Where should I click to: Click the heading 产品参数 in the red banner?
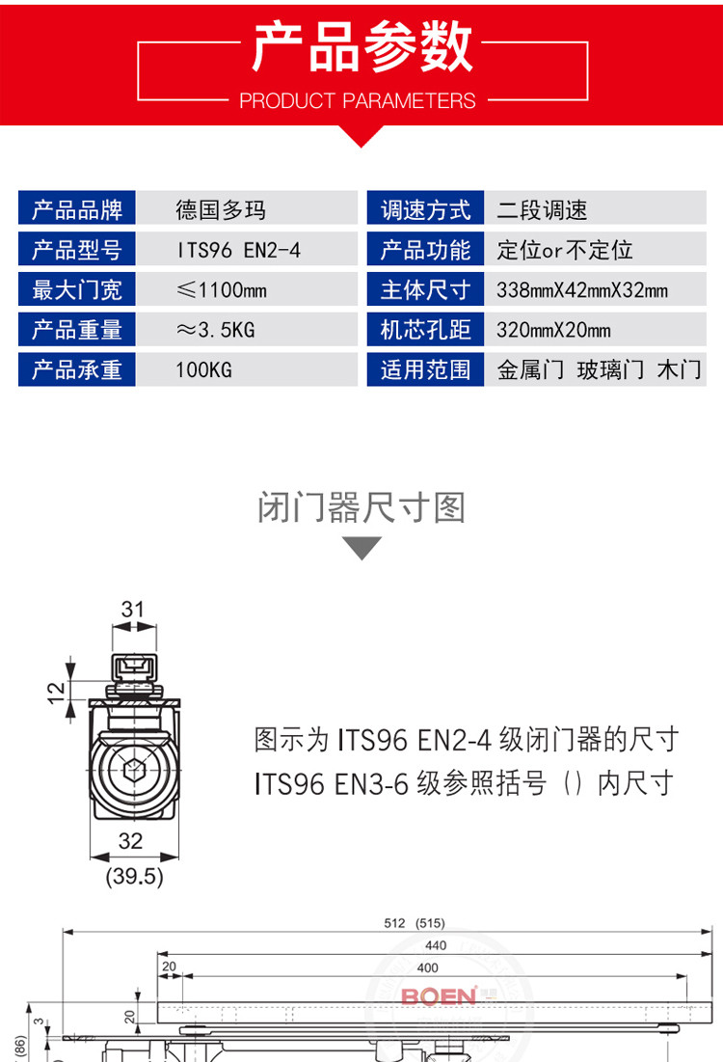point(362,46)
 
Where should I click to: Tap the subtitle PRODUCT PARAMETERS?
point(358,101)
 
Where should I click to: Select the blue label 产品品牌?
point(77,210)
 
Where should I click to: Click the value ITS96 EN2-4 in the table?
point(238,250)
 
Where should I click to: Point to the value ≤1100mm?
point(222,290)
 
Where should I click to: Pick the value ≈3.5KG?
point(215,330)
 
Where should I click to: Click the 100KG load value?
point(203,369)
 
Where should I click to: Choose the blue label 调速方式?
point(425,210)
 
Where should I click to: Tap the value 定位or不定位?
point(565,250)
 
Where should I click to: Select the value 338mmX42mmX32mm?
point(582,290)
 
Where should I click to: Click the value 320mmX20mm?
point(553,330)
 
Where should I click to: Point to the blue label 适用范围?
point(425,369)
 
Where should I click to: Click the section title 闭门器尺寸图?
point(361,507)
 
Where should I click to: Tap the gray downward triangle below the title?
point(362,547)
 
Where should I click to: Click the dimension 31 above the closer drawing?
point(133,609)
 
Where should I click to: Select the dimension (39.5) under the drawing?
point(134,877)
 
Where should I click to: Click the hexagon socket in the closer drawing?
point(134,770)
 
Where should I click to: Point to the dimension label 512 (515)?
point(415,923)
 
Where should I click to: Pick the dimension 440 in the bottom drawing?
point(436,945)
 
